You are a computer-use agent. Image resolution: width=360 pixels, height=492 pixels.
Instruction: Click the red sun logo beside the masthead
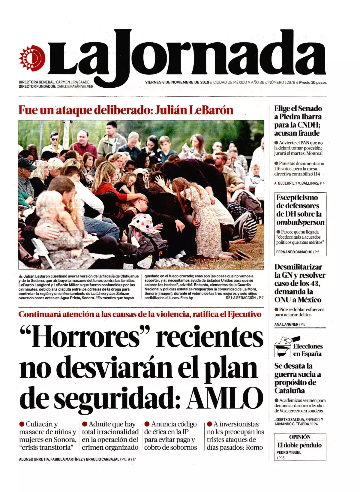click(32, 58)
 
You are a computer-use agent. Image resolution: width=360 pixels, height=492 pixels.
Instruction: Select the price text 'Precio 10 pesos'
click(313, 82)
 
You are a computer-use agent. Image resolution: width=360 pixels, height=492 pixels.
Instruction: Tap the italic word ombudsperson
click(300, 222)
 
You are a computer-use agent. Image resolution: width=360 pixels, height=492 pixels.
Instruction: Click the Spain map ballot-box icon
click(283, 349)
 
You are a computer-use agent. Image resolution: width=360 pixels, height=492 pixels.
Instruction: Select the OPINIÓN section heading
click(300, 437)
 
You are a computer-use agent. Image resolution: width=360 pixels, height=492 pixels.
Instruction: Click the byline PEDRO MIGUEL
click(289, 452)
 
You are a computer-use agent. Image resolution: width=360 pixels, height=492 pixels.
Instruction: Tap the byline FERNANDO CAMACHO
click(294, 252)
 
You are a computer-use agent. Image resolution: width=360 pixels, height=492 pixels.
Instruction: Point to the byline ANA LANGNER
click(286, 324)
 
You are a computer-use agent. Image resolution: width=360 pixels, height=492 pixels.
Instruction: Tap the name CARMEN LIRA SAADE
click(73, 82)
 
